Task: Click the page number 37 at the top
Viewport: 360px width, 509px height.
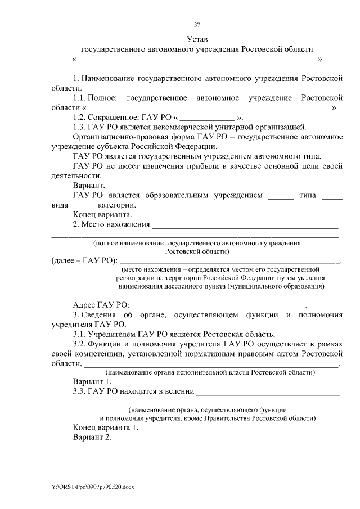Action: point(197,25)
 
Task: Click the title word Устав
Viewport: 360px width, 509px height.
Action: point(197,39)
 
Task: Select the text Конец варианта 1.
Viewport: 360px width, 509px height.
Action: point(105,427)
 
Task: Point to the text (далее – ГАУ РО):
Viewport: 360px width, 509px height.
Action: point(85,260)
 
